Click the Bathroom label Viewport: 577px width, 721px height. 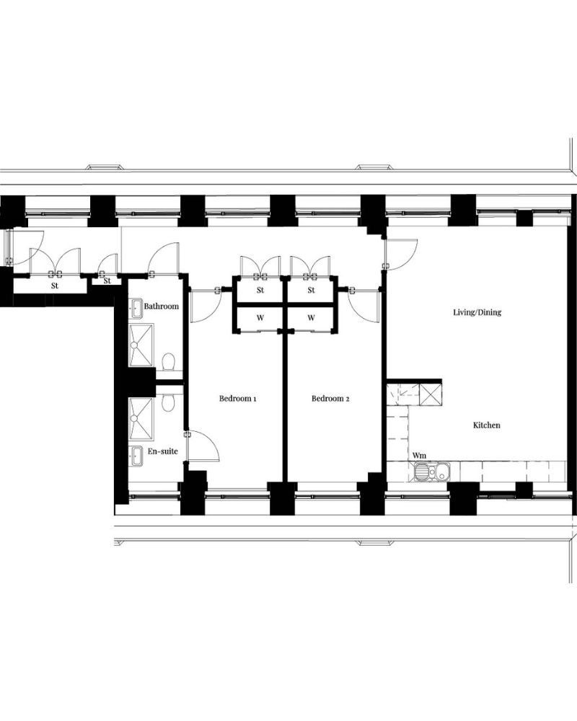pos(161,306)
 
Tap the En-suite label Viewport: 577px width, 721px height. pos(162,451)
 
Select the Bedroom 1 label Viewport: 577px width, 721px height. pos(237,398)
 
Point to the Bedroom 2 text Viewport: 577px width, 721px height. pos(330,398)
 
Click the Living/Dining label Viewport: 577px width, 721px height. pos(477,312)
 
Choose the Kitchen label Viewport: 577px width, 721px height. pos(486,425)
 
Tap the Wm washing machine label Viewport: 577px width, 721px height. pos(419,455)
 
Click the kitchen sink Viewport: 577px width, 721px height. pos(432,472)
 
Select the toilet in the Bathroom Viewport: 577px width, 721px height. pos(169,361)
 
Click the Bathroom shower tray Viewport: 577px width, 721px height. pos(141,345)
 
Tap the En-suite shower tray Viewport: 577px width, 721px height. pos(141,420)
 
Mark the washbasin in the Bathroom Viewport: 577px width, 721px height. pos(137,309)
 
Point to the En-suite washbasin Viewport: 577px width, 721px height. pos(137,456)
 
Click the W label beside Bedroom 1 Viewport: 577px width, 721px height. pos(260,318)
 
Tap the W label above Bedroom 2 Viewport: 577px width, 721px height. pos(311,318)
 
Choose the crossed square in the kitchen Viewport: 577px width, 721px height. pos(431,395)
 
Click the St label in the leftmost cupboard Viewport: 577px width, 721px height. pos(55,286)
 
